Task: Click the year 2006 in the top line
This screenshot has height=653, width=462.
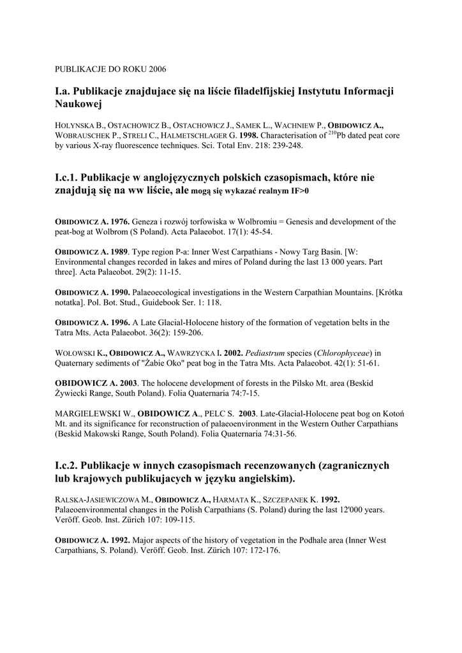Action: point(156,68)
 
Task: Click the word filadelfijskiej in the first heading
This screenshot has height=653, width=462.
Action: point(257,92)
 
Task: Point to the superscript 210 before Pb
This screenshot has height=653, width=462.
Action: point(332,133)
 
